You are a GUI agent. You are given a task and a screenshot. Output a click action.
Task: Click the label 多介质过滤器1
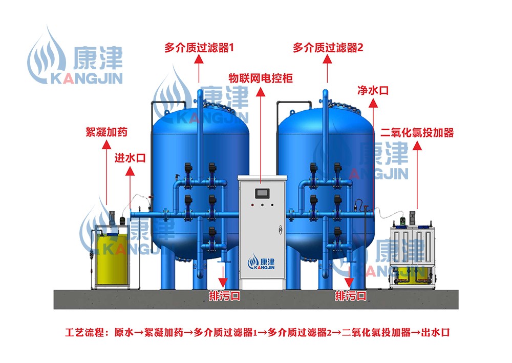click(x=199, y=48)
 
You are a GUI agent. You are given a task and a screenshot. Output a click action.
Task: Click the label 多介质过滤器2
click(x=328, y=48)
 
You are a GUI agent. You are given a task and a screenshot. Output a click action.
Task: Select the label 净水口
click(x=373, y=91)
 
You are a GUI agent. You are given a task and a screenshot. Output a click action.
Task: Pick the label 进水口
click(x=130, y=158)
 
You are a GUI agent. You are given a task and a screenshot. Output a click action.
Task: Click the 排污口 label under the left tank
click(x=224, y=296)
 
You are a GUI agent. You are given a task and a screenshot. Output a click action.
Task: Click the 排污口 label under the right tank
click(x=351, y=296)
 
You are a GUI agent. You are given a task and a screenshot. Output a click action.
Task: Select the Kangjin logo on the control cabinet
click(x=261, y=263)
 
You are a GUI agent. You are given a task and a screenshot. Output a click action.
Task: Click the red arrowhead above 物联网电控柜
click(x=261, y=91)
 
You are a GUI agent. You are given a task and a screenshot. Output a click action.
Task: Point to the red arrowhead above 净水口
click(x=373, y=104)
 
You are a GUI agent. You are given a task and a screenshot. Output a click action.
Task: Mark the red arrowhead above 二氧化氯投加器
click(x=417, y=146)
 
